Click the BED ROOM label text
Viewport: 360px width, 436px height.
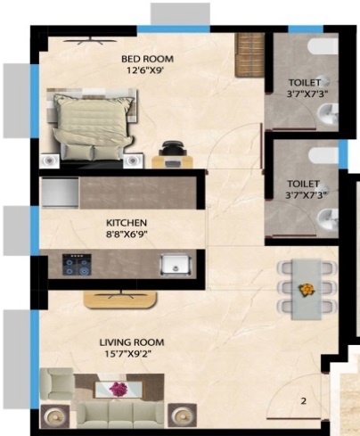tap(147, 60)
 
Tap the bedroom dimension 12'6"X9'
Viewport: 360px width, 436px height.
tap(147, 73)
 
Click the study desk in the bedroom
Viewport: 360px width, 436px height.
tap(171, 160)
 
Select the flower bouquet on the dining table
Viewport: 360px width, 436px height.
tap(307, 290)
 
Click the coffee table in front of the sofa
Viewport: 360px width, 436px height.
tap(118, 390)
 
